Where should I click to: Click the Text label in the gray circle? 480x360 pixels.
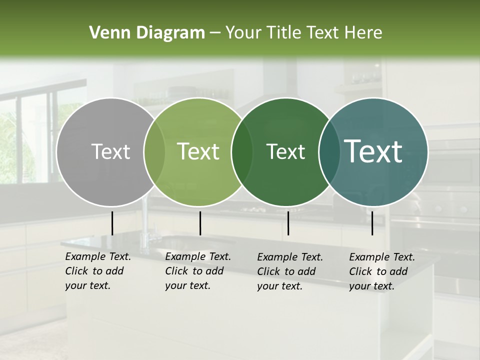pyautogui.click(x=110, y=151)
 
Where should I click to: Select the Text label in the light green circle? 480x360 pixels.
pyautogui.click(x=198, y=151)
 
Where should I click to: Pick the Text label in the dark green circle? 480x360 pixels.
pyautogui.click(x=285, y=151)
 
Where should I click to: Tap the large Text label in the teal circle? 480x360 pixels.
pyautogui.click(x=373, y=151)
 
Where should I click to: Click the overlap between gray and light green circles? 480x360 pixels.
pyautogui.click(x=154, y=152)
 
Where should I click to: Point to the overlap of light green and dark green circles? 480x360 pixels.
pyautogui.click(x=242, y=152)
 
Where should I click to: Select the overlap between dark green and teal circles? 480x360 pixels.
pyautogui.click(x=329, y=152)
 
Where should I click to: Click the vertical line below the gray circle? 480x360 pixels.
pyautogui.click(x=112, y=223)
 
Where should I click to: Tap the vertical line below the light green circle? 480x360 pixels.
pyautogui.click(x=200, y=223)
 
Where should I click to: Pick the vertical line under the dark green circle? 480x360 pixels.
pyautogui.click(x=288, y=223)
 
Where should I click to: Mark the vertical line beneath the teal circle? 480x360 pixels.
pyautogui.click(x=372, y=223)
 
